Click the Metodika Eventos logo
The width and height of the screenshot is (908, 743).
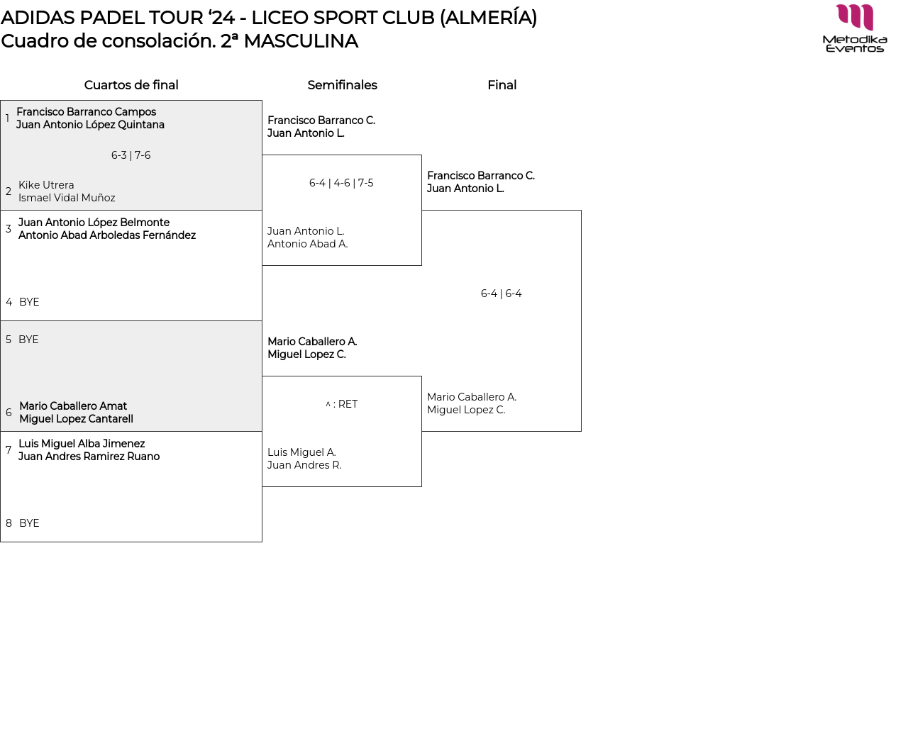(x=855, y=28)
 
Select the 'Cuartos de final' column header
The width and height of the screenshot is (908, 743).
(x=131, y=85)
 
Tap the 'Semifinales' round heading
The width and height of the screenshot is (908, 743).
(x=342, y=85)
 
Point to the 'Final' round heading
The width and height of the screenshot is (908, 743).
(x=502, y=85)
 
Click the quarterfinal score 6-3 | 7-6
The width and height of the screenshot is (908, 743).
(x=131, y=155)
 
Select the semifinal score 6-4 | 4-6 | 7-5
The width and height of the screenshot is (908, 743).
(x=341, y=183)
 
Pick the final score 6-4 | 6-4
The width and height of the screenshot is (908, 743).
(x=501, y=294)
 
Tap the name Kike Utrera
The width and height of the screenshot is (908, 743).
(x=46, y=185)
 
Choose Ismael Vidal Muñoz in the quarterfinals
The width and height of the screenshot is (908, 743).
(x=67, y=198)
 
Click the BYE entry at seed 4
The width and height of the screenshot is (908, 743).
(x=29, y=302)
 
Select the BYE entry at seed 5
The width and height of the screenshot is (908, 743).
(x=28, y=340)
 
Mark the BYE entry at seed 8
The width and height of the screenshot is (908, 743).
(x=29, y=523)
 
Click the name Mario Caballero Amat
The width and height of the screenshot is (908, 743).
(x=73, y=406)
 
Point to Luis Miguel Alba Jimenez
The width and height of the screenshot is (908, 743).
(x=82, y=444)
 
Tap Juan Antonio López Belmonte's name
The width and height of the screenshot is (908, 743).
(x=94, y=223)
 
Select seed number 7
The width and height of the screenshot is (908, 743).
(x=9, y=450)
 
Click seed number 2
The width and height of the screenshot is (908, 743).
(x=9, y=191)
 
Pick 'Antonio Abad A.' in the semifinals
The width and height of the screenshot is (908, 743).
(x=307, y=244)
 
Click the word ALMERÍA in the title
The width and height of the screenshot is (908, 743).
(x=488, y=18)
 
